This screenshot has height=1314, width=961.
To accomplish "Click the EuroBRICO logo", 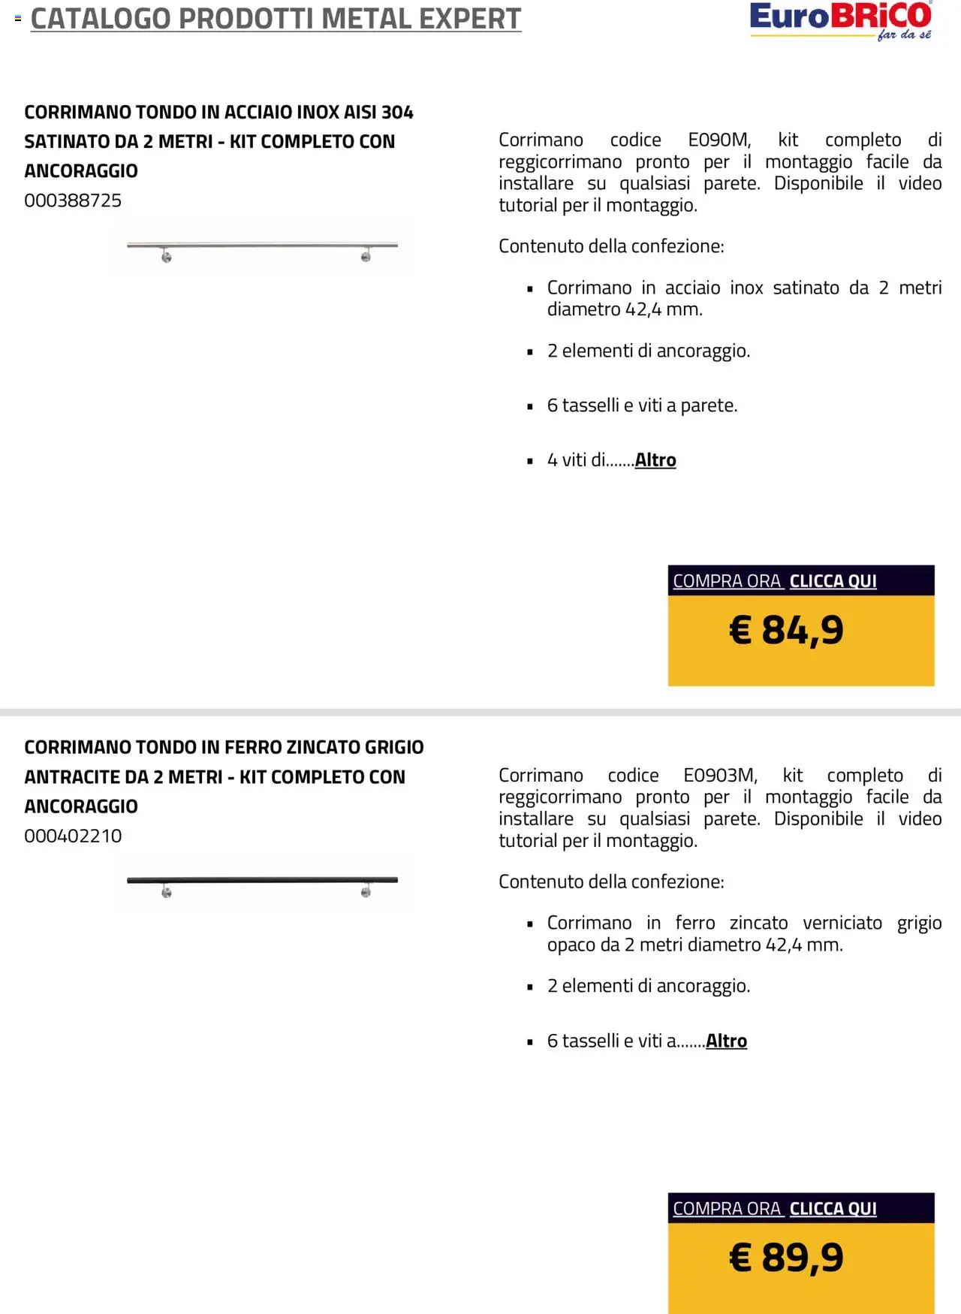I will (x=840, y=20).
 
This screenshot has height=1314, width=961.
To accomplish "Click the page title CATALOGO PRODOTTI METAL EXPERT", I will (x=276, y=19).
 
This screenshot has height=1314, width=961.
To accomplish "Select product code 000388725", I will (x=73, y=200).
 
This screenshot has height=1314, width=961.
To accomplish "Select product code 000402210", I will (x=73, y=836).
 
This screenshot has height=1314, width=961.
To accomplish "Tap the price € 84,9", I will (x=786, y=629).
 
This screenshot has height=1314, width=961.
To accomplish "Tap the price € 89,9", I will (x=786, y=1257).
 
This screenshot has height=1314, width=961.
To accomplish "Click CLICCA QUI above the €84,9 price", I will (x=833, y=581).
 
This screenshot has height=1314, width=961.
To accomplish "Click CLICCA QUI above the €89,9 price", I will (x=833, y=1209).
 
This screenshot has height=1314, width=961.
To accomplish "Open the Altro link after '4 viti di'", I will (x=655, y=460).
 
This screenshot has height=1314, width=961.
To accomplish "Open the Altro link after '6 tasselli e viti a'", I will (x=726, y=1041).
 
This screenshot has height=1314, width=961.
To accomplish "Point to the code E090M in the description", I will (x=718, y=140).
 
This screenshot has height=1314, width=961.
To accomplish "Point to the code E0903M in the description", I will (x=719, y=776).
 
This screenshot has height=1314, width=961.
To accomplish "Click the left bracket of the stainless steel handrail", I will (x=167, y=257).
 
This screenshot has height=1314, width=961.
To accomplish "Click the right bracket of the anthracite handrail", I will (x=366, y=891).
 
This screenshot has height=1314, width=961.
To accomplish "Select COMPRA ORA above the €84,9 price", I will (x=727, y=581).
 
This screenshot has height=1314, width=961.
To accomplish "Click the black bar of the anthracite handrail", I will (x=262, y=880).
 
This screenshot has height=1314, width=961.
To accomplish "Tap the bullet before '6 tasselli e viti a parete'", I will (x=530, y=406).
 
